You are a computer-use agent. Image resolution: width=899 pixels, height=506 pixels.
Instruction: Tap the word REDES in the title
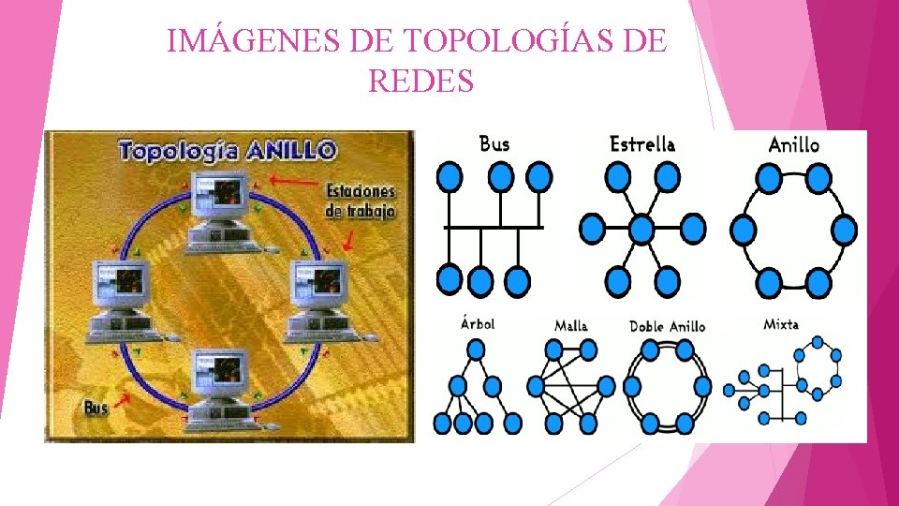tap(421, 82)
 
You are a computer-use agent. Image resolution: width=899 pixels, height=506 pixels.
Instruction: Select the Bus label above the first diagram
tap(494, 144)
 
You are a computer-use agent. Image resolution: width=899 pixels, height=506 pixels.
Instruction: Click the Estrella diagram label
tap(642, 144)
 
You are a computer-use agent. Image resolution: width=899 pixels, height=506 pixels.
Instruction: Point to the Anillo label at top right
tap(793, 144)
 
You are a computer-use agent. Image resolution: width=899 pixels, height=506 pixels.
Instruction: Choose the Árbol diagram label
tap(478, 323)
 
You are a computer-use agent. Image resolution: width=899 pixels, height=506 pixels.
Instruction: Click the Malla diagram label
tap(571, 325)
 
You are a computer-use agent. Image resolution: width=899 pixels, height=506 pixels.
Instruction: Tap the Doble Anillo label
tap(667, 326)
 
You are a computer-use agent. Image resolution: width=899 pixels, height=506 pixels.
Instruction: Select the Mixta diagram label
tap(781, 324)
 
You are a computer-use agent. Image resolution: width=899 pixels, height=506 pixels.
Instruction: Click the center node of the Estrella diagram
tap(641, 228)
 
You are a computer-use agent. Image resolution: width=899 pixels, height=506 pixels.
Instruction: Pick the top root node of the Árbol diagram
tap(477, 350)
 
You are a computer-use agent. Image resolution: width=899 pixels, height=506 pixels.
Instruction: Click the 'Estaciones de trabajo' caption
tap(360, 201)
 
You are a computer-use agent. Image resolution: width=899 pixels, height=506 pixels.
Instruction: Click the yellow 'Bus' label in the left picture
tap(96, 409)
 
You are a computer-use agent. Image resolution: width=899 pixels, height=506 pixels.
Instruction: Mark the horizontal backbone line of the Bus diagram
tap(494, 227)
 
